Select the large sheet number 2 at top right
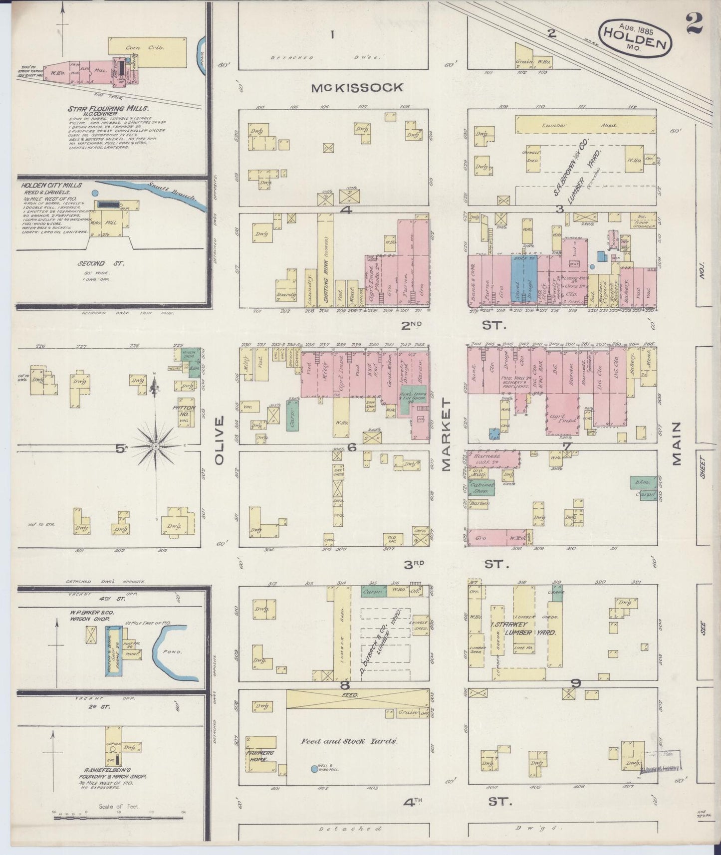[695, 22]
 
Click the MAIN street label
[676, 443]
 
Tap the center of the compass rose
[156, 445]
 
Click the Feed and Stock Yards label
[349, 741]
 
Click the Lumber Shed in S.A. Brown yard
[585, 125]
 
